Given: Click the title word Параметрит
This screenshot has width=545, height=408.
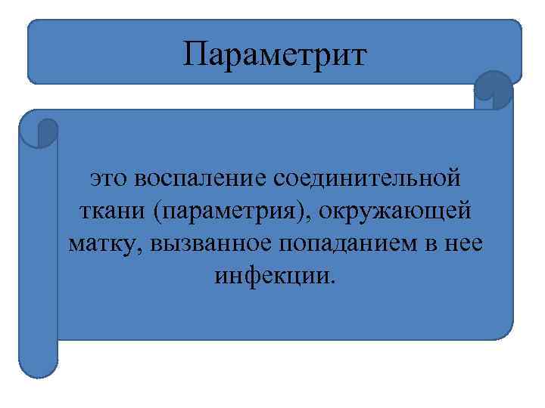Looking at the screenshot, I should [274, 55].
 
